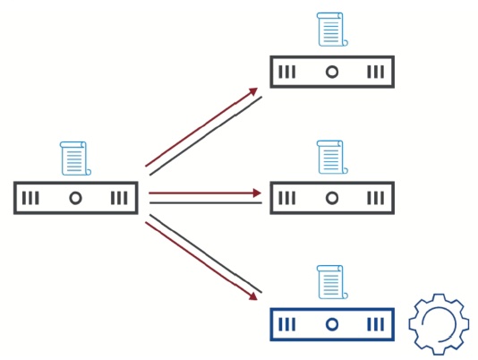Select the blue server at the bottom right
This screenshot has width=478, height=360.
click(x=331, y=324)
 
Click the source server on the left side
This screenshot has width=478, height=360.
click(x=76, y=198)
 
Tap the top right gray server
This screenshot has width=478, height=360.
click(x=331, y=72)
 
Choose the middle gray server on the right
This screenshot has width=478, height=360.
click(x=331, y=198)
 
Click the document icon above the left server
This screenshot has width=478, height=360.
click(x=74, y=159)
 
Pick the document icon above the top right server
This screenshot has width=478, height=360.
click(x=331, y=30)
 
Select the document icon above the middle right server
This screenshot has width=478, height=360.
click(x=331, y=158)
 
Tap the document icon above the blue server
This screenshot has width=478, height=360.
click(x=331, y=282)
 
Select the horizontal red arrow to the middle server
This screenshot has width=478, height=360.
click(x=204, y=193)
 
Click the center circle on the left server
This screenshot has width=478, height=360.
click(x=76, y=198)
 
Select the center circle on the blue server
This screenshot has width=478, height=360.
click(x=331, y=324)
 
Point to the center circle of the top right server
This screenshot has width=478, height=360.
click(x=331, y=72)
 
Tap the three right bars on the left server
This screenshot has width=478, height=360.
click(x=119, y=198)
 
